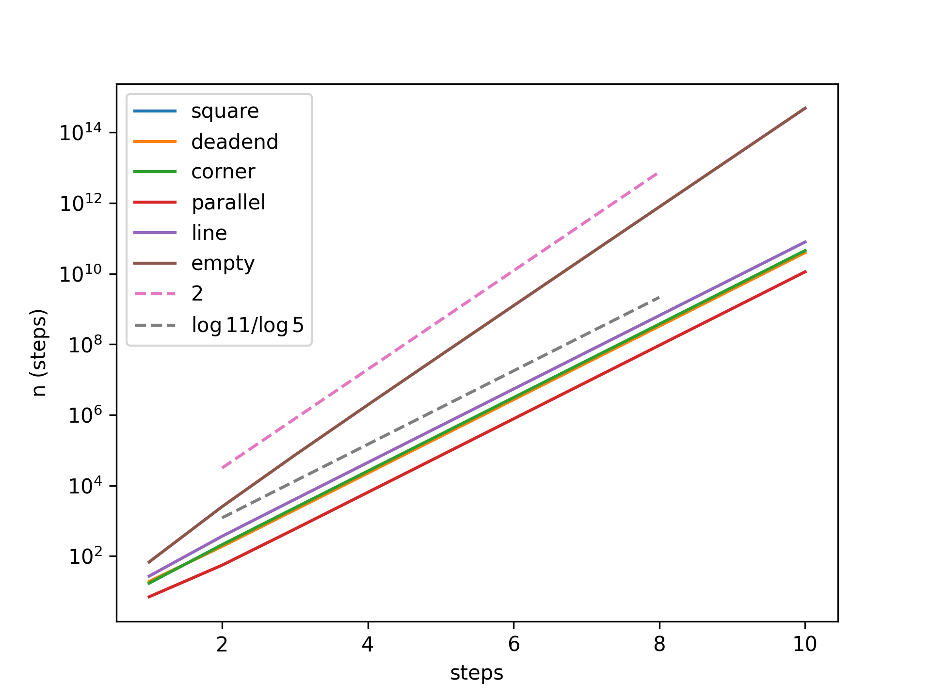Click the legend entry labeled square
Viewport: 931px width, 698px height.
click(x=225, y=111)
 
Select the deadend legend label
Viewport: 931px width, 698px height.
click(x=235, y=142)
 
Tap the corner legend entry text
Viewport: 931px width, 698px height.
click(x=223, y=172)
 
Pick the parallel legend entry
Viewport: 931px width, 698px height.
click(x=228, y=203)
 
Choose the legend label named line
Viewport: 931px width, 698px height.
click(x=209, y=233)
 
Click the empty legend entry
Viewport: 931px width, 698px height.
click(x=223, y=264)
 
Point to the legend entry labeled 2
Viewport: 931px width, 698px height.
click(x=197, y=294)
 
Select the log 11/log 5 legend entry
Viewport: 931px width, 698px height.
click(x=248, y=325)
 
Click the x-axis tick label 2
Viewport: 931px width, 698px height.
click(x=222, y=644)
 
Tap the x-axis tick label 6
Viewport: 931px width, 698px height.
click(x=514, y=644)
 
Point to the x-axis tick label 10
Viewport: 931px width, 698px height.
click(x=805, y=644)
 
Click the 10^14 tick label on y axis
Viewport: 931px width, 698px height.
click(x=80, y=132)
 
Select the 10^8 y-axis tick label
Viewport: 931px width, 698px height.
click(x=85, y=345)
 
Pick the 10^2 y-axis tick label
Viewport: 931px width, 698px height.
click(x=85, y=556)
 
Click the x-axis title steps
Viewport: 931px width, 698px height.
click(x=477, y=673)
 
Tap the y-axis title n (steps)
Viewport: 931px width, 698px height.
click(x=39, y=352)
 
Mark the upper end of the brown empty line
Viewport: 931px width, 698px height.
click(x=806, y=108)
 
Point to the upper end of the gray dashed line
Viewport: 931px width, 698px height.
click(x=659, y=297)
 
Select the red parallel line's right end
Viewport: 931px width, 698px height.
click(x=806, y=271)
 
